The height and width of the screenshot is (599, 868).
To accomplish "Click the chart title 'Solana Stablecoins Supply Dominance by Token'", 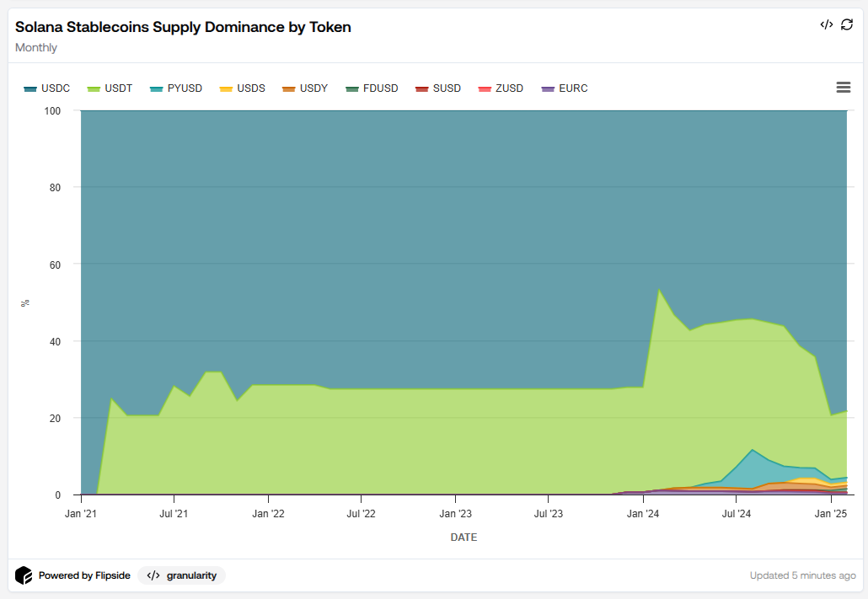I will click(x=183, y=27).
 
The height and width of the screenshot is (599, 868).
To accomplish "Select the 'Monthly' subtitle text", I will click(x=36, y=47).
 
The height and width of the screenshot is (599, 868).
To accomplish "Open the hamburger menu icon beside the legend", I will click(x=843, y=88).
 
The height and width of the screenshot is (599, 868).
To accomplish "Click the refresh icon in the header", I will click(x=847, y=24).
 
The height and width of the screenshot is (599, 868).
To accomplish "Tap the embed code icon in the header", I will click(x=826, y=24).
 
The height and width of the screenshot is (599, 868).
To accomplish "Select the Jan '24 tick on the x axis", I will click(x=644, y=512).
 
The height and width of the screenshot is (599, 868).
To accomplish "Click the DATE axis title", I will click(x=463, y=537).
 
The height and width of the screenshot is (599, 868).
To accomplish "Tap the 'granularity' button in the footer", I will click(x=182, y=575).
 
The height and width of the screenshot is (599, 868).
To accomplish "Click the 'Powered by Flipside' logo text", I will click(x=84, y=575).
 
